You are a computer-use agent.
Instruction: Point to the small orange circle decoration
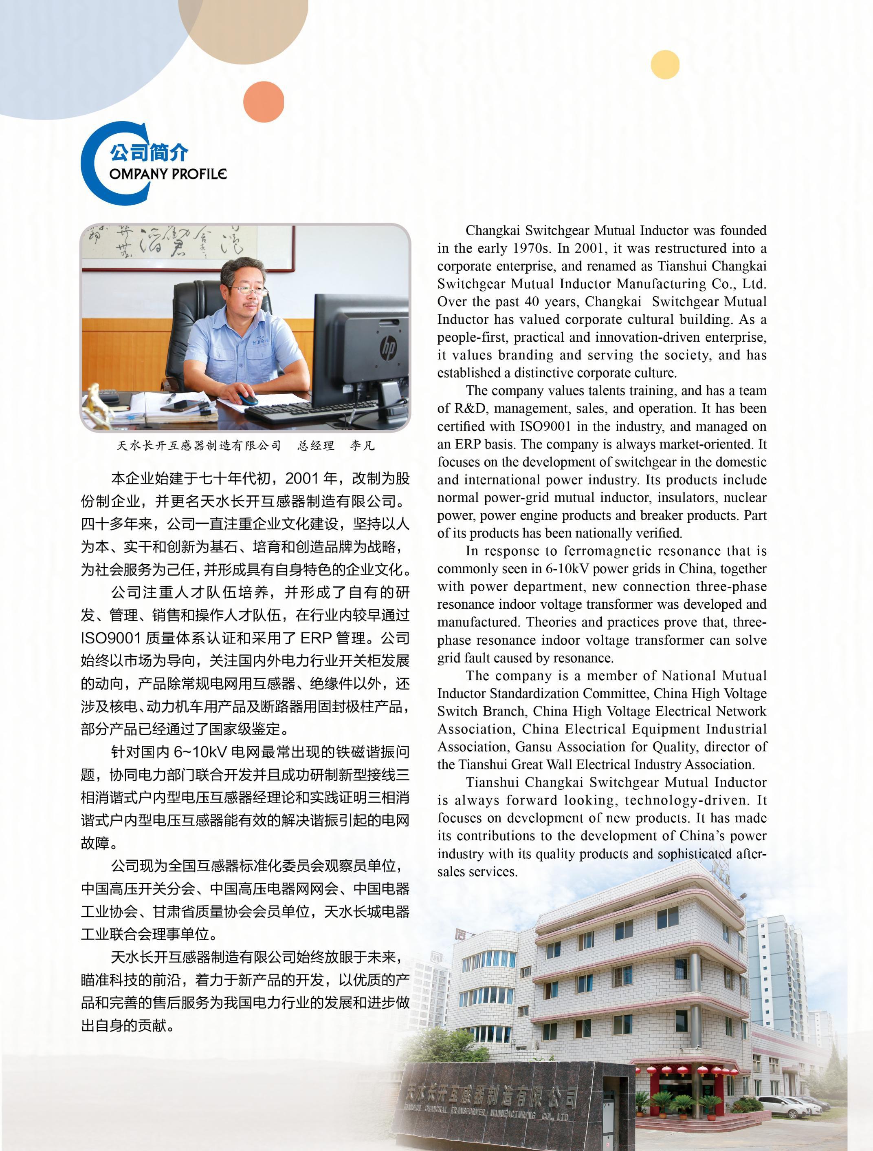(x=264, y=102)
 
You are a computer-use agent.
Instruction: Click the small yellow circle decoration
(x=665, y=64)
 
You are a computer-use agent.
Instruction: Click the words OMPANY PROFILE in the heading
(x=168, y=174)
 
